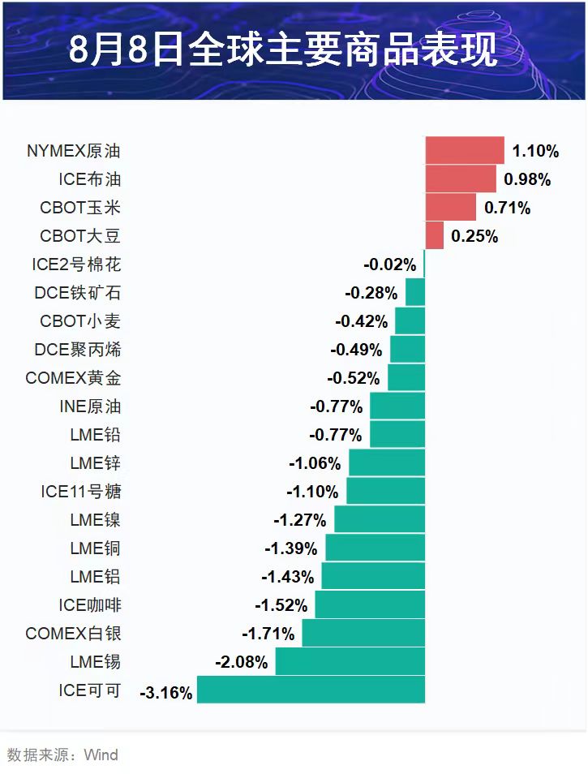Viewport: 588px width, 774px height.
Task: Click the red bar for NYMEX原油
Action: tap(465, 150)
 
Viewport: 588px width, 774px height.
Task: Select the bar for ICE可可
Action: tap(311, 690)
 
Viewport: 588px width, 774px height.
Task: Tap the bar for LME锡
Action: tap(350, 661)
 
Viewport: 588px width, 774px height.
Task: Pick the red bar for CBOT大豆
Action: tap(435, 235)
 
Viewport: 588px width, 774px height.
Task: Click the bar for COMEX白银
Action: tap(363, 633)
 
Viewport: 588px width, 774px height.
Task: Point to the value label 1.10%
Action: tap(535, 151)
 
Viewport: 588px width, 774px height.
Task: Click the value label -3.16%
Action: tap(166, 693)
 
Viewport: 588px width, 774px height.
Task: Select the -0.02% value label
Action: tap(390, 264)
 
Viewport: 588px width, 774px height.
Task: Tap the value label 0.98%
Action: tap(527, 179)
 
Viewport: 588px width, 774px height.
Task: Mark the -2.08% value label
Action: tap(241, 663)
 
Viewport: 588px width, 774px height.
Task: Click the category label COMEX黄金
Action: tap(73, 378)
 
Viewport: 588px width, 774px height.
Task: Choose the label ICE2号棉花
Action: tap(76, 264)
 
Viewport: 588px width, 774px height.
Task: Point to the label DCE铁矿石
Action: tap(78, 293)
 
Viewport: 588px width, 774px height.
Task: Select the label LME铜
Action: tap(95, 548)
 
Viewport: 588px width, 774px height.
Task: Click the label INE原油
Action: tap(90, 406)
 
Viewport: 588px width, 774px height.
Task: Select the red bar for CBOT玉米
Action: tap(450, 207)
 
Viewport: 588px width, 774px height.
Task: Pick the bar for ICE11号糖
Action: tap(386, 491)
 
